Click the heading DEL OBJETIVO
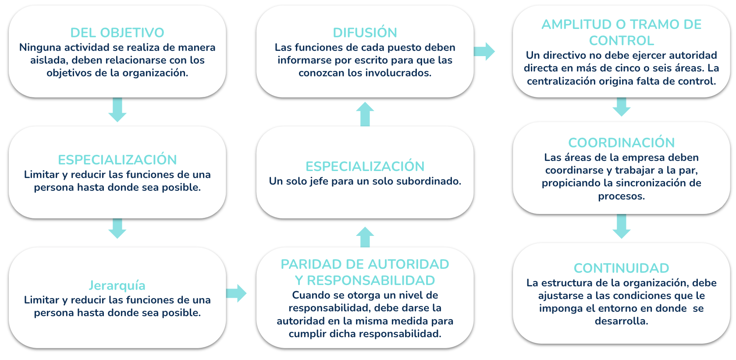click(117, 32)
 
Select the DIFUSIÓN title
click(365, 32)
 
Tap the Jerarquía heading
click(117, 285)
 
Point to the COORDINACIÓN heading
click(621, 143)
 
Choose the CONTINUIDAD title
click(621, 268)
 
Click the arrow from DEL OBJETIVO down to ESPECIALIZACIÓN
click(117, 110)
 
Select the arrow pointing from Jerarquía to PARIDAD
click(236, 293)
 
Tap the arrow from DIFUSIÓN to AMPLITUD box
click(484, 51)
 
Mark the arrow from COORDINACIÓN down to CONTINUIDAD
click(621, 226)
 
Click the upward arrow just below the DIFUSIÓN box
click(365, 114)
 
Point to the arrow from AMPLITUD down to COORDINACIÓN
click(621, 107)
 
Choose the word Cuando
click(311, 295)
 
